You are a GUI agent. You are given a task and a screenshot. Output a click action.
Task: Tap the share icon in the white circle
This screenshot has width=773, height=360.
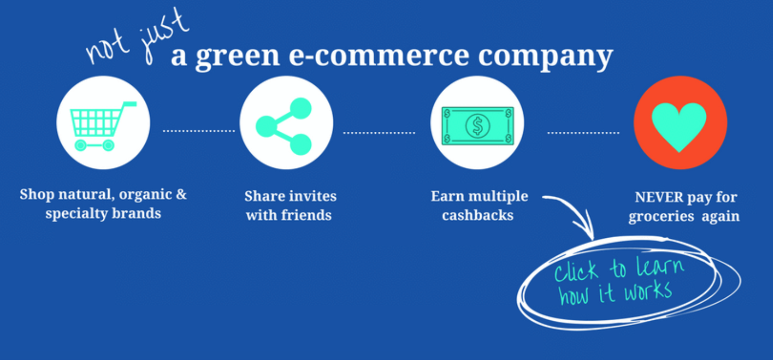click(x=284, y=126)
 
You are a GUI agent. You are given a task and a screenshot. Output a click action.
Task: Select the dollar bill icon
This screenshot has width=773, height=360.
click(x=478, y=126)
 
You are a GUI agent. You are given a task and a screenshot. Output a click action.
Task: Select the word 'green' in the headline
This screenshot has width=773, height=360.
click(x=237, y=57)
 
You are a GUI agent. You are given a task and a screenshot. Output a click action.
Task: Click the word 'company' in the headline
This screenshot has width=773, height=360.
click(x=545, y=57)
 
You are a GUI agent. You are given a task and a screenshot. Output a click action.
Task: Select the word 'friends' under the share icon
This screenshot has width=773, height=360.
click(x=306, y=215)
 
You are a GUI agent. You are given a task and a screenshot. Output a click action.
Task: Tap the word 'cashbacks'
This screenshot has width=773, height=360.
click(x=478, y=215)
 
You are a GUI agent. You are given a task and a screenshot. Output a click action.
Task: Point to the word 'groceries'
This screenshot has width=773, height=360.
click(x=661, y=217)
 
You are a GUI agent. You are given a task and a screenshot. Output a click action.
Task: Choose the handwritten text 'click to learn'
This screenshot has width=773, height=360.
click(x=619, y=270)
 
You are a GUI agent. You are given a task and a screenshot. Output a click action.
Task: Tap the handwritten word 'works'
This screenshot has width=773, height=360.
click(x=648, y=291)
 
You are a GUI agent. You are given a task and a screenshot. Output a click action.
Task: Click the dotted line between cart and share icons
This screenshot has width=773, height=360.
click(x=199, y=131)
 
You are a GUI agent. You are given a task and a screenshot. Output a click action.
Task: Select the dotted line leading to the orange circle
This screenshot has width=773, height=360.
click(x=583, y=133)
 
